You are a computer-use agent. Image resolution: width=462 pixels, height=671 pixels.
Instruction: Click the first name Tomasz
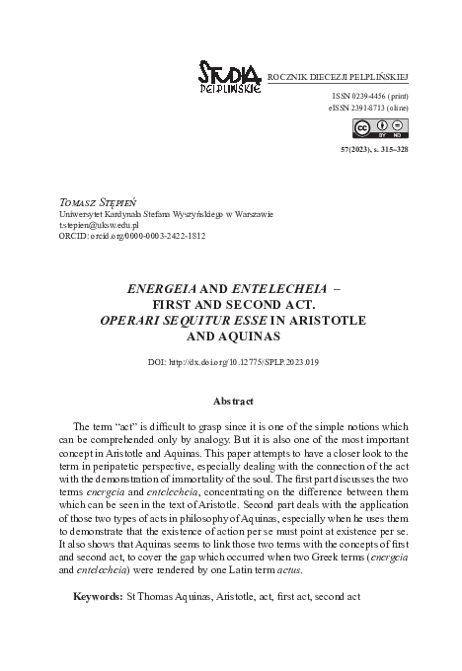[x=75, y=200]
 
